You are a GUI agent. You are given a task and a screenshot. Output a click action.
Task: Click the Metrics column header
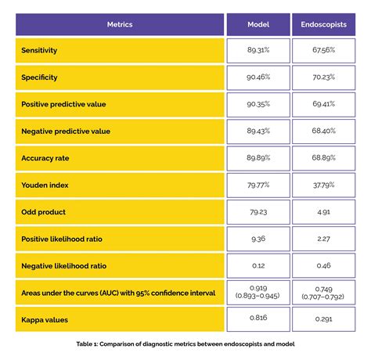coord(120,24)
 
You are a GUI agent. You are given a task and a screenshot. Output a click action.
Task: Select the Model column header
coord(258,24)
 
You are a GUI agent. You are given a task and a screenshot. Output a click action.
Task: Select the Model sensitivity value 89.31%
coord(258,51)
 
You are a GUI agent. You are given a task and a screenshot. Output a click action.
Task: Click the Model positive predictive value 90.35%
coord(258,104)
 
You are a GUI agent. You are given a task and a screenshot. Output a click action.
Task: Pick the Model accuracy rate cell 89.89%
coord(258,158)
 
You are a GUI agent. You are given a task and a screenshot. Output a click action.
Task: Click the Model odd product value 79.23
coord(258,211)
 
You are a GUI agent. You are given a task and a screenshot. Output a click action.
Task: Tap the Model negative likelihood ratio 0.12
coord(258,265)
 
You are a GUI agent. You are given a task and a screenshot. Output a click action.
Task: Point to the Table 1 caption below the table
coord(185,344)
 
